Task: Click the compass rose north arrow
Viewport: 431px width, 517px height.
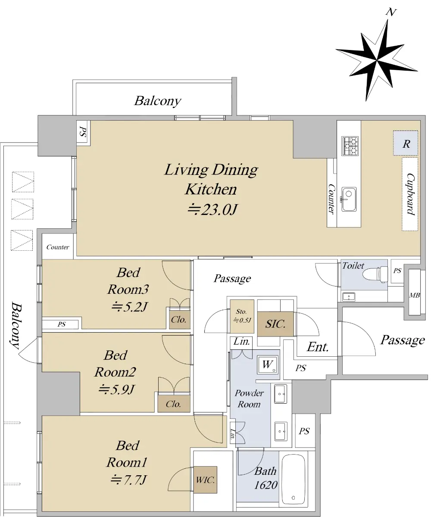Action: click(377, 60)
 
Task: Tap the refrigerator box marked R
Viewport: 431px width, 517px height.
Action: click(406, 143)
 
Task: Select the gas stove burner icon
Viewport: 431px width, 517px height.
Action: click(350, 146)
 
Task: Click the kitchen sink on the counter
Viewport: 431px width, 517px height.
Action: click(349, 199)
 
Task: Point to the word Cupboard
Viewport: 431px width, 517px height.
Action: click(410, 194)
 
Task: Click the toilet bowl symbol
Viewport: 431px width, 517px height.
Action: click(375, 274)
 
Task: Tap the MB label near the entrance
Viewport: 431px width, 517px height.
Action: click(414, 295)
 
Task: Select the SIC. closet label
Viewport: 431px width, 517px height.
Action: click(275, 324)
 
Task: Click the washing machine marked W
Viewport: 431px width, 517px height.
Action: click(268, 364)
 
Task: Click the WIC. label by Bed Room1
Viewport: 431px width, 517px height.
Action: click(205, 480)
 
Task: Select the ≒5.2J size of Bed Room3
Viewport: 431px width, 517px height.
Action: click(129, 307)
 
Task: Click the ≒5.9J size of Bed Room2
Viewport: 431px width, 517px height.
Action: click(116, 389)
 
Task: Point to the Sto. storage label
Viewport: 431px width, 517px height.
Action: click(241, 311)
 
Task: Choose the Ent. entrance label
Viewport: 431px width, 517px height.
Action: click(318, 347)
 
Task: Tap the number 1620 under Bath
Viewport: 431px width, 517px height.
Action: click(266, 485)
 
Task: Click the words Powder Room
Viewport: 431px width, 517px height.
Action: click(249, 399)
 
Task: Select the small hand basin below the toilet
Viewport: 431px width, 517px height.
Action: click(349, 296)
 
